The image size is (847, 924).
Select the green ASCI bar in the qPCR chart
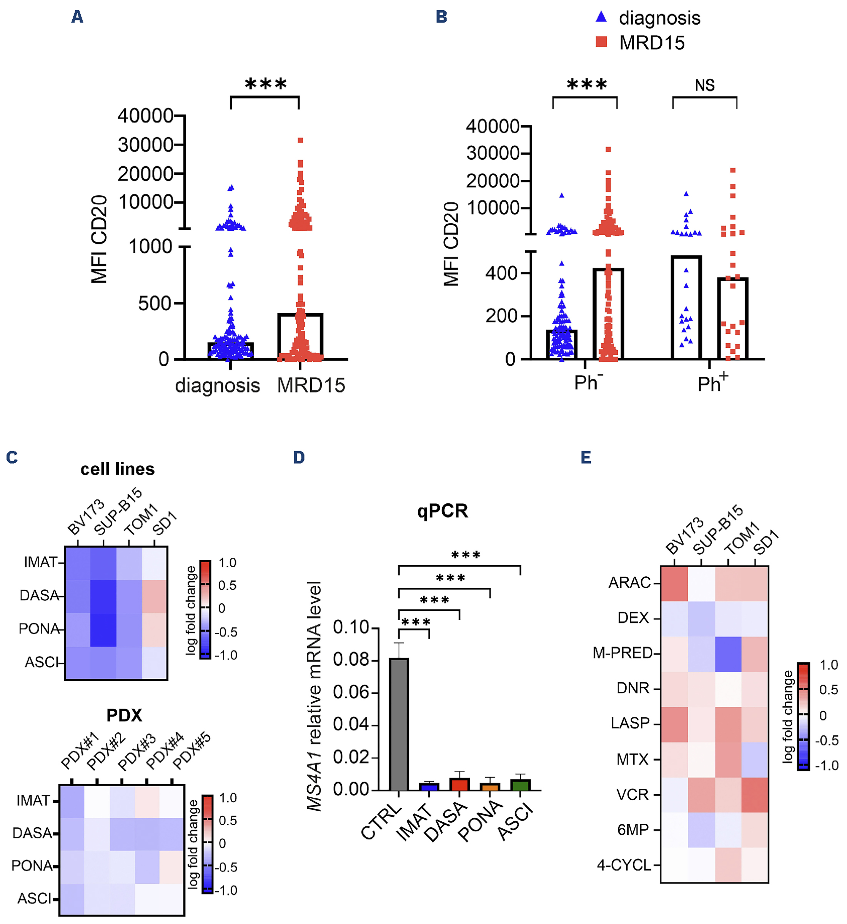[520, 785]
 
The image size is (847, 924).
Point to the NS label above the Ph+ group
[704, 85]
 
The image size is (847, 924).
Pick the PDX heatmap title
[124, 715]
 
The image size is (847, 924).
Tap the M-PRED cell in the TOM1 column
[728, 654]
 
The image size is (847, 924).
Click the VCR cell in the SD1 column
[755, 795]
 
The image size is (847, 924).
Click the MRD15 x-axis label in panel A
[311, 385]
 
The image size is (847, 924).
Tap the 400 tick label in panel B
[501, 274]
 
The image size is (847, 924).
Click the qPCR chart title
[443, 511]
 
